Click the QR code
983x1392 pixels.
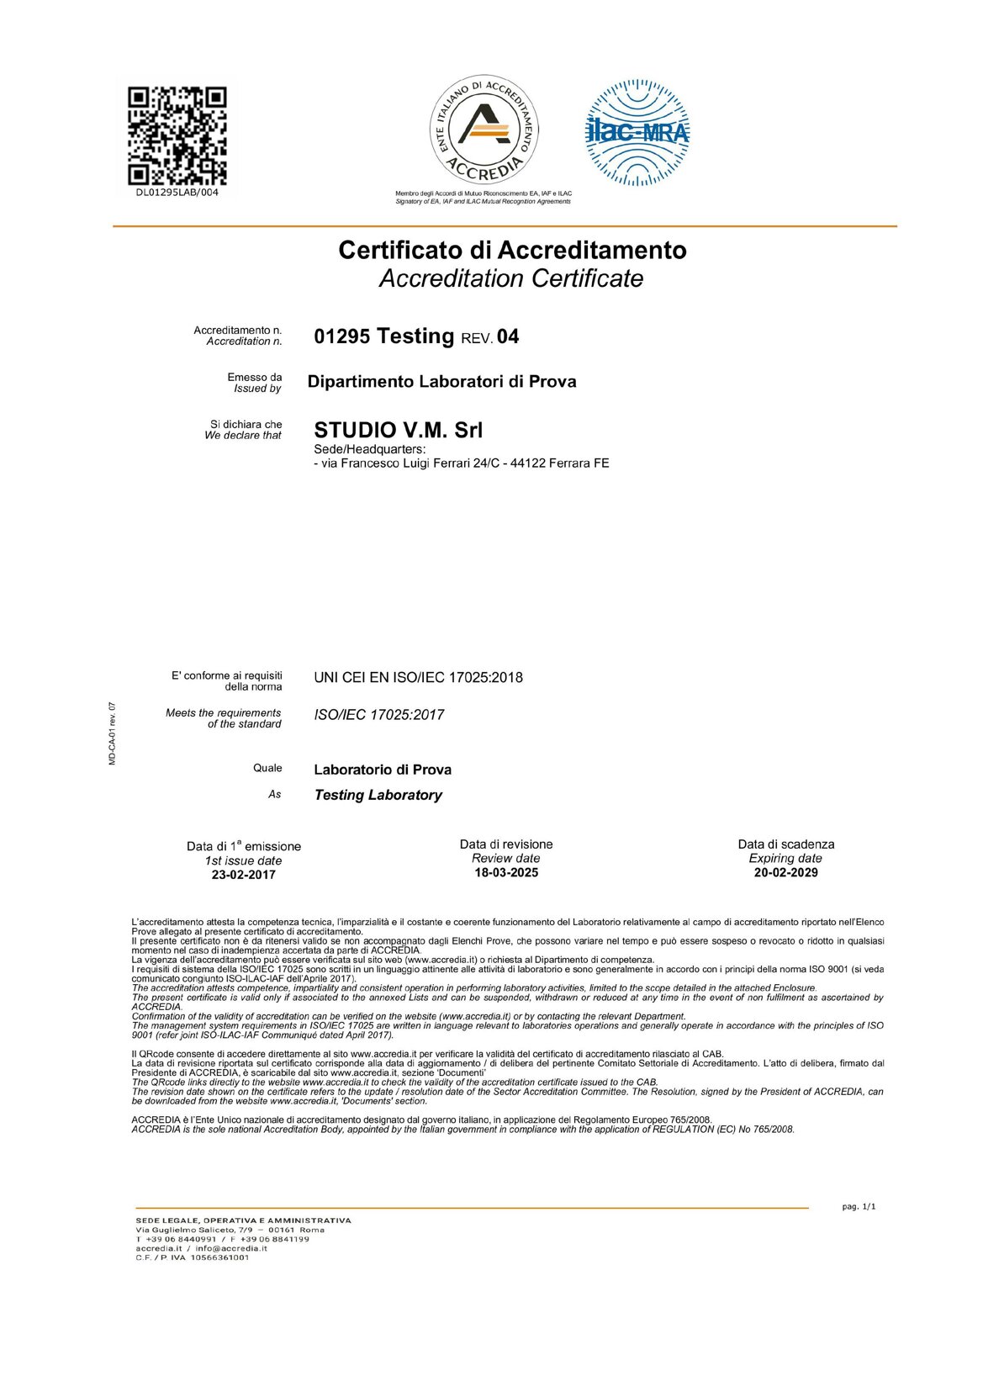pyautogui.click(x=177, y=135)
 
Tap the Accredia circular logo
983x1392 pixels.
pyautogui.click(x=484, y=130)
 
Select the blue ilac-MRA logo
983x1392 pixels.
pyautogui.click(x=637, y=132)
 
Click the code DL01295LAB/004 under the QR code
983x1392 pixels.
pyautogui.click(x=177, y=193)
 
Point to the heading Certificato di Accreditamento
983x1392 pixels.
pyautogui.click(x=512, y=250)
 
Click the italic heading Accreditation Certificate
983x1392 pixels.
pyautogui.click(x=511, y=278)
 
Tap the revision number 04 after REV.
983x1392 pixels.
pyautogui.click(x=508, y=337)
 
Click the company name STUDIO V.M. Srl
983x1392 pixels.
pyautogui.click(x=398, y=430)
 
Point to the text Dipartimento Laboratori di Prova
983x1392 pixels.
pyautogui.click(x=441, y=382)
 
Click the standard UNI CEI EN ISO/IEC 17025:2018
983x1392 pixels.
pyautogui.click(x=418, y=678)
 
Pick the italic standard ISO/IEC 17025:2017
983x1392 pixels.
pyautogui.click(x=378, y=715)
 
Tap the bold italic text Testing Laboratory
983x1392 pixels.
pyautogui.click(x=378, y=796)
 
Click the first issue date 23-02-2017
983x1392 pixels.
pyautogui.click(x=243, y=875)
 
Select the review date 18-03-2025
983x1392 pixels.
pyautogui.click(x=506, y=873)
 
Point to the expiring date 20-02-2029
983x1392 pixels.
pyautogui.click(x=785, y=873)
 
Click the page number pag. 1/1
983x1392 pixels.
pyautogui.click(x=859, y=1207)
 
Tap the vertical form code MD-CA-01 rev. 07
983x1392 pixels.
pyautogui.click(x=112, y=733)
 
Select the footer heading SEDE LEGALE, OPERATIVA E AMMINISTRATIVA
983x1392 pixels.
pyautogui.click(x=243, y=1220)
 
